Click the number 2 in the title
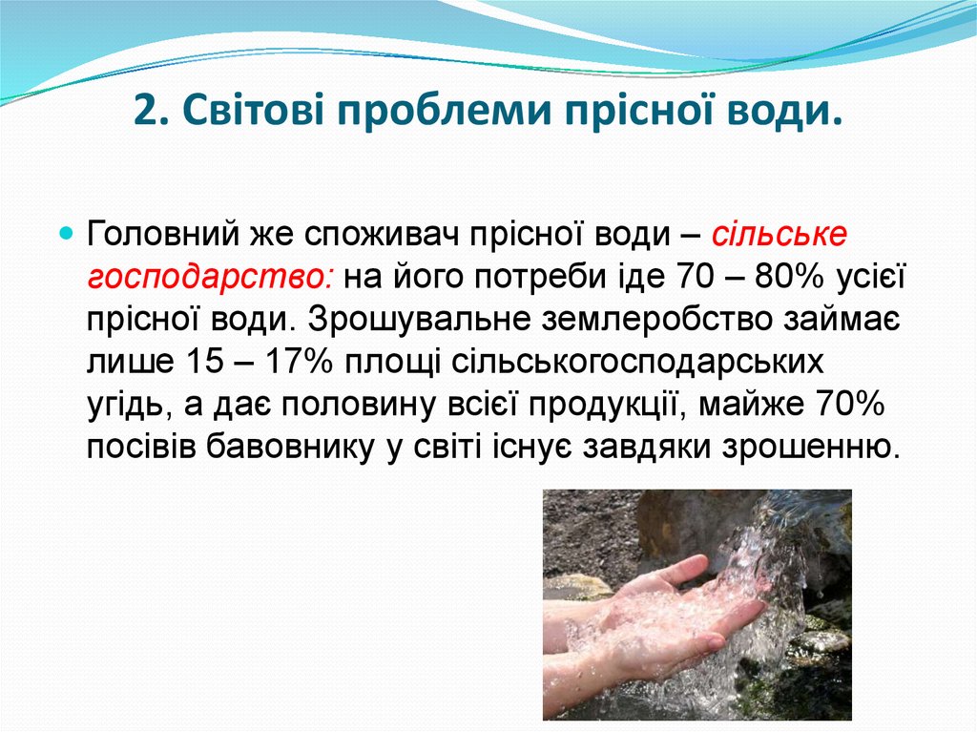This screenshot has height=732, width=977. tap(144, 113)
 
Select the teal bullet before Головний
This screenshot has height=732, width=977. tap(67, 233)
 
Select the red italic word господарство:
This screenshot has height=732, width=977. tap(210, 279)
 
